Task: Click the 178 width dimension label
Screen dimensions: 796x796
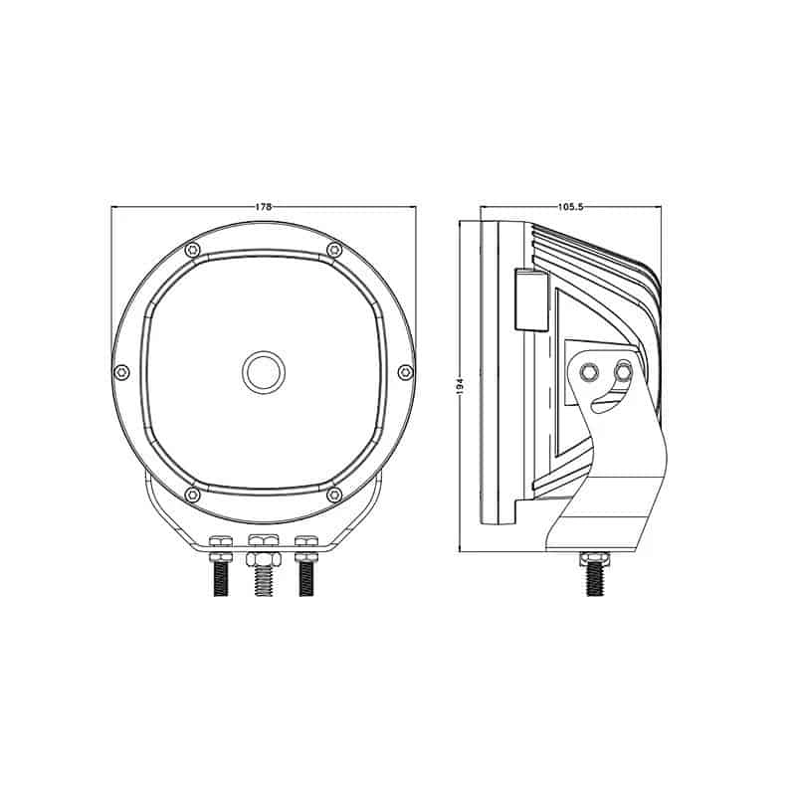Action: [x=264, y=207]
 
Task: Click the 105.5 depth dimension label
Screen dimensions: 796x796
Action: [x=570, y=207]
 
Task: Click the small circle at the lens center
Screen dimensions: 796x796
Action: [x=264, y=372]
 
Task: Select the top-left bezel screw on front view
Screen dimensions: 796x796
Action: [x=192, y=249]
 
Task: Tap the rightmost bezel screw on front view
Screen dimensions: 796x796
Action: [x=404, y=372]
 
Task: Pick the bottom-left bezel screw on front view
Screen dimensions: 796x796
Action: [x=192, y=495]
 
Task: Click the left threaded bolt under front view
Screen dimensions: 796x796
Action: [x=221, y=578]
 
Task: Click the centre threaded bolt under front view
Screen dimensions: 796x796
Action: [x=264, y=576]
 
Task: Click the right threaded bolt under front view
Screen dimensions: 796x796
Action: [x=306, y=578]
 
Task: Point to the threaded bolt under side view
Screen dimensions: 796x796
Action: [x=594, y=575]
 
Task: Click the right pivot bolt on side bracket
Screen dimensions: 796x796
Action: [x=623, y=372]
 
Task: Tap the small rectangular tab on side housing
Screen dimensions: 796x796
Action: [x=528, y=299]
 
